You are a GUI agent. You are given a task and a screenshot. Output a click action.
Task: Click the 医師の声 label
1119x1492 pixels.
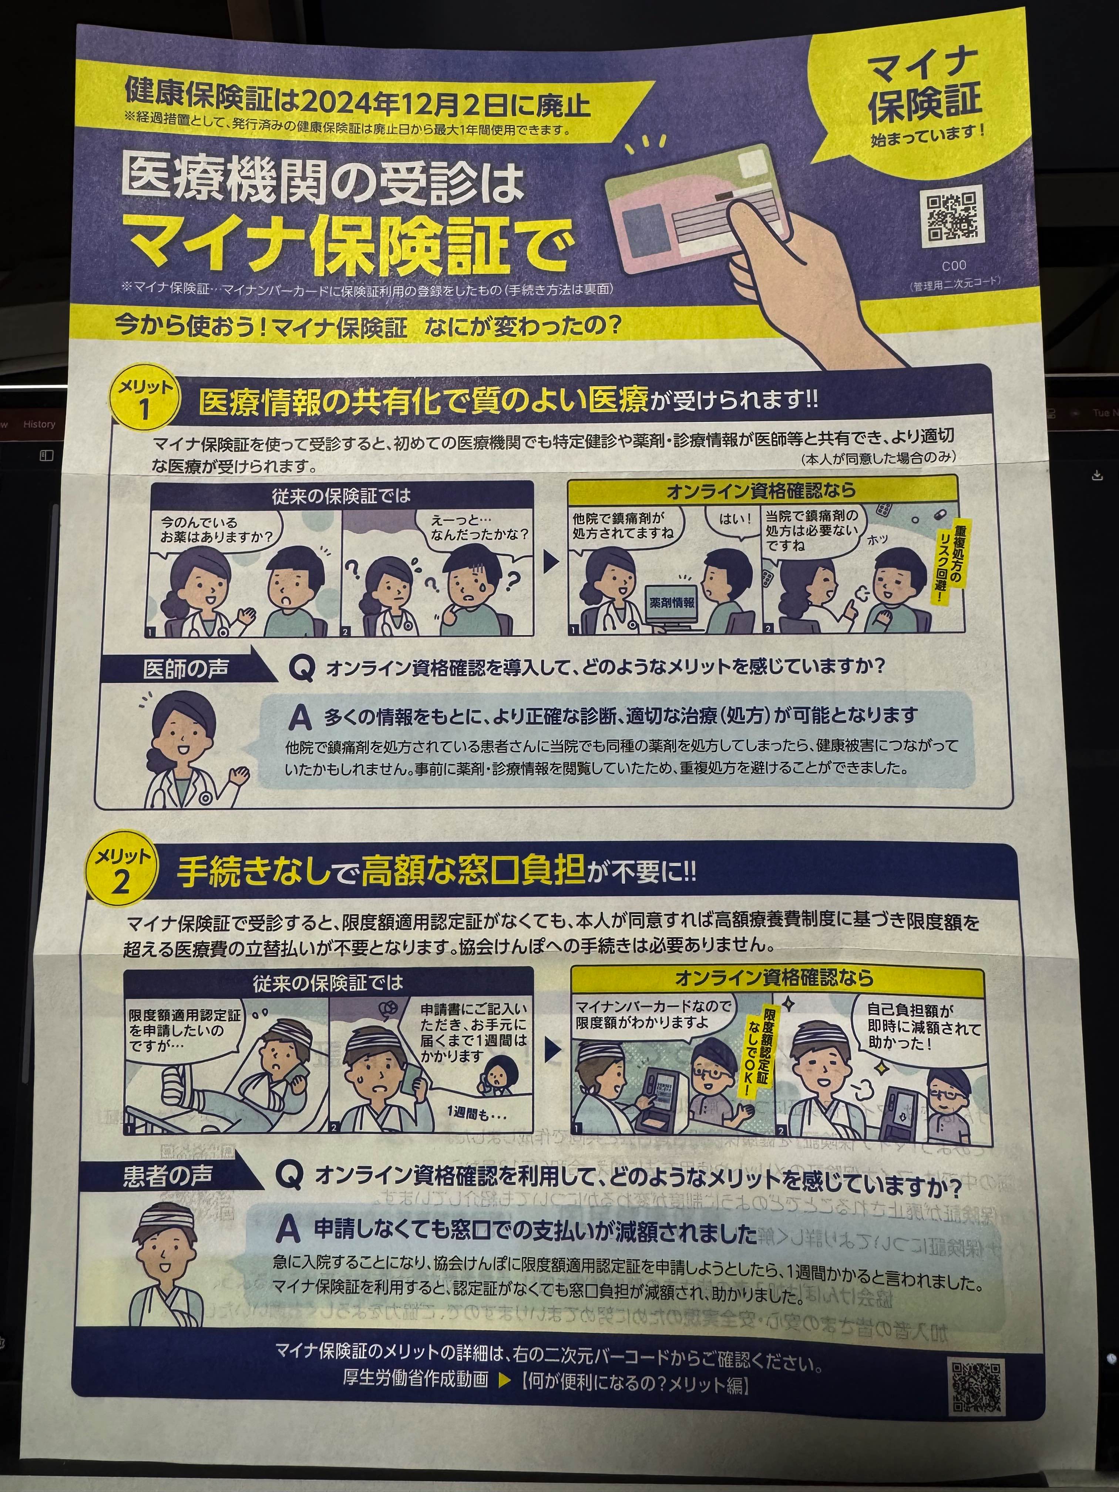[x=185, y=668]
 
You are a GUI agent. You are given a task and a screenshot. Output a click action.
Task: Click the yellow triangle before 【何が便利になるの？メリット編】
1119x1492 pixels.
[x=504, y=1380]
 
